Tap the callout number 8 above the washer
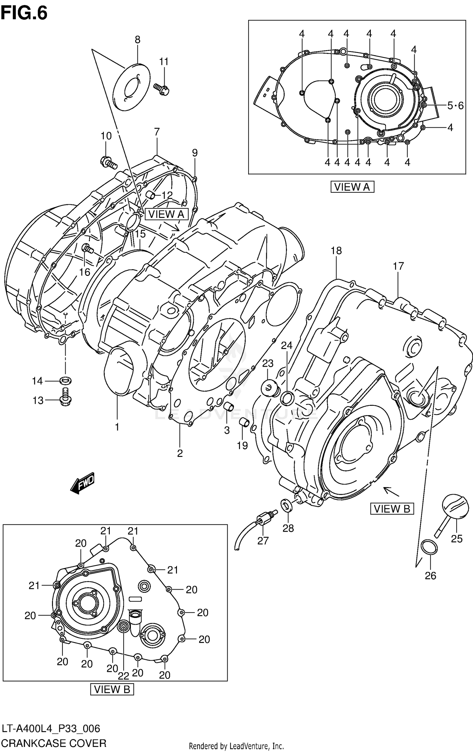click(137, 40)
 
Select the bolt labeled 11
click(161, 89)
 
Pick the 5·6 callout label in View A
click(455, 106)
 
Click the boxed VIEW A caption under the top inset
click(352, 187)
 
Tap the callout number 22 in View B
click(124, 676)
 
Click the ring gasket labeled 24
click(287, 399)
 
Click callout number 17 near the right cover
click(398, 266)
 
